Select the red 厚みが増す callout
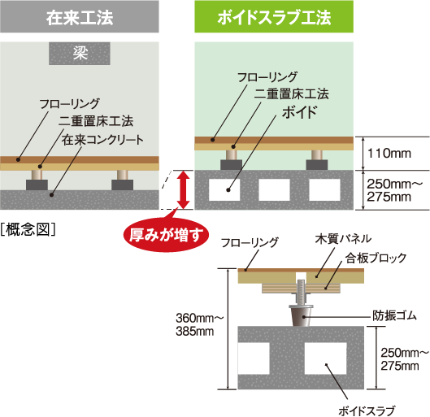point(166,236)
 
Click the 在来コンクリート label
point(103,139)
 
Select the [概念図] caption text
point(28,229)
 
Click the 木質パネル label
point(341,239)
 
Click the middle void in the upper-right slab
point(274,189)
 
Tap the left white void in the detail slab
point(258,354)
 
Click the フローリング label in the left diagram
point(69,103)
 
